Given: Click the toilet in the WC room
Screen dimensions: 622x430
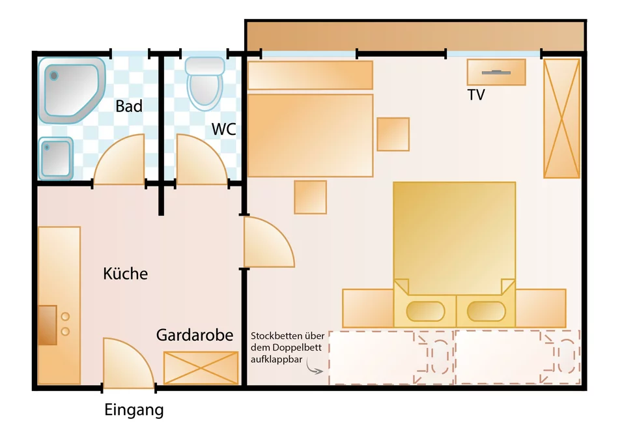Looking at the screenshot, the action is coord(205,83).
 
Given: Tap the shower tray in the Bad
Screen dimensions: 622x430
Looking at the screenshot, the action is coord(72,91).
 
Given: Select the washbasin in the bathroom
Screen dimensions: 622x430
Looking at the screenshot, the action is coord(56,158).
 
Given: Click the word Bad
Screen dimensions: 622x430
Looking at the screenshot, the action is coord(129,106).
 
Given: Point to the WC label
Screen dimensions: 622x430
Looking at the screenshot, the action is coord(224,129).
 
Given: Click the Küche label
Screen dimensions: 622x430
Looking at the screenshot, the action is coord(125,274).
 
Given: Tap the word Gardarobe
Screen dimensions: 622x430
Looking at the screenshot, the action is coord(194,335).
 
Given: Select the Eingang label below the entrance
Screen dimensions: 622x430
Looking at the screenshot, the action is coord(134,410).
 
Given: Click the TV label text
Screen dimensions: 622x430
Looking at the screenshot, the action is coord(476,95).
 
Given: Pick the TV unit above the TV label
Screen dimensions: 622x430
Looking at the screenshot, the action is coord(496,72).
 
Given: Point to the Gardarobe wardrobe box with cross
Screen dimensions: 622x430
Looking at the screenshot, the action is coord(201,367).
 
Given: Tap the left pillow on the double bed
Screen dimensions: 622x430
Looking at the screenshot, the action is coord(425,311).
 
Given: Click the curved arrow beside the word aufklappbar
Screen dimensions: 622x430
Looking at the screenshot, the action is coord(314,369).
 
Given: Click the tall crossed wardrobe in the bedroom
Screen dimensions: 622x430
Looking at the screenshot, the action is coord(561,118).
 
